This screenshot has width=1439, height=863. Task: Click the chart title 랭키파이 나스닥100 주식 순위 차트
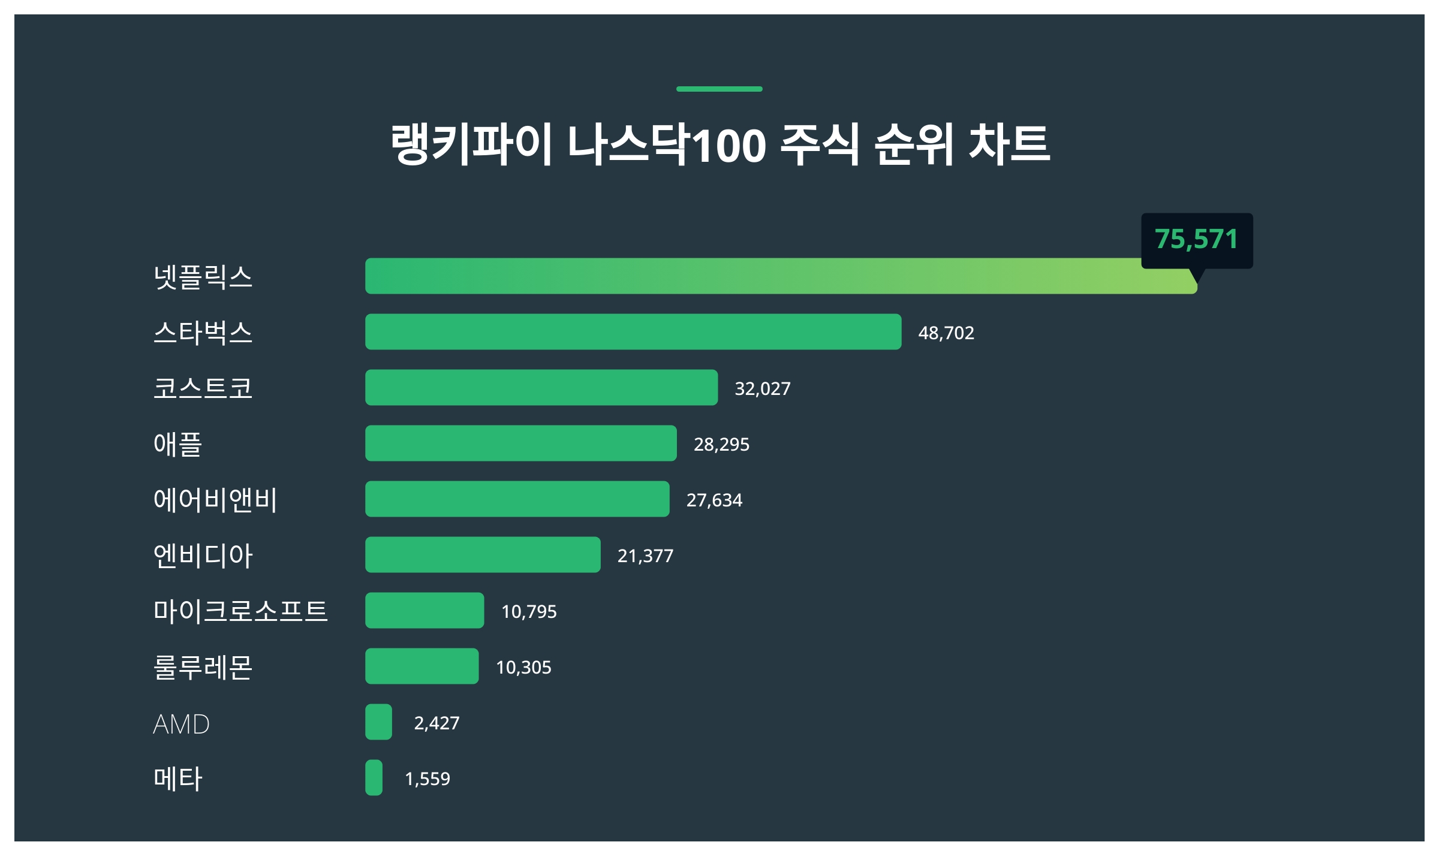719,144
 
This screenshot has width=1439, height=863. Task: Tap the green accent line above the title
719,89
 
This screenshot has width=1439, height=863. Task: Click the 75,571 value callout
1196,240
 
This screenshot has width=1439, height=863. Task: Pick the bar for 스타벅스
633,331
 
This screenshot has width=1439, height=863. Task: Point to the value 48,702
946,333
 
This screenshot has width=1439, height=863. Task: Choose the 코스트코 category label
203,388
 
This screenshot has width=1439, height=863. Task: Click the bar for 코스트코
541,387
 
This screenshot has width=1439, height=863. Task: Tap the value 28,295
721,444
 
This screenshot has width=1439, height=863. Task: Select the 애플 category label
177,444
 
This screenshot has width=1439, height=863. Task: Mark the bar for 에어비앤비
517,499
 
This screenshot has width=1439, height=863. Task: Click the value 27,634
714,500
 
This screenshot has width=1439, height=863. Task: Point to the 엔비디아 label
203,556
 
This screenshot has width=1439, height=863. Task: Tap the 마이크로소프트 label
240,611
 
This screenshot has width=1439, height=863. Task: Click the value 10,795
528,611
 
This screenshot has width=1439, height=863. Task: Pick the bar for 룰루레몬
422,666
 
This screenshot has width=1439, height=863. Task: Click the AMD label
181,724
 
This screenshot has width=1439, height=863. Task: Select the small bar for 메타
374,777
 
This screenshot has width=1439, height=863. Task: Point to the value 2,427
436,723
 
